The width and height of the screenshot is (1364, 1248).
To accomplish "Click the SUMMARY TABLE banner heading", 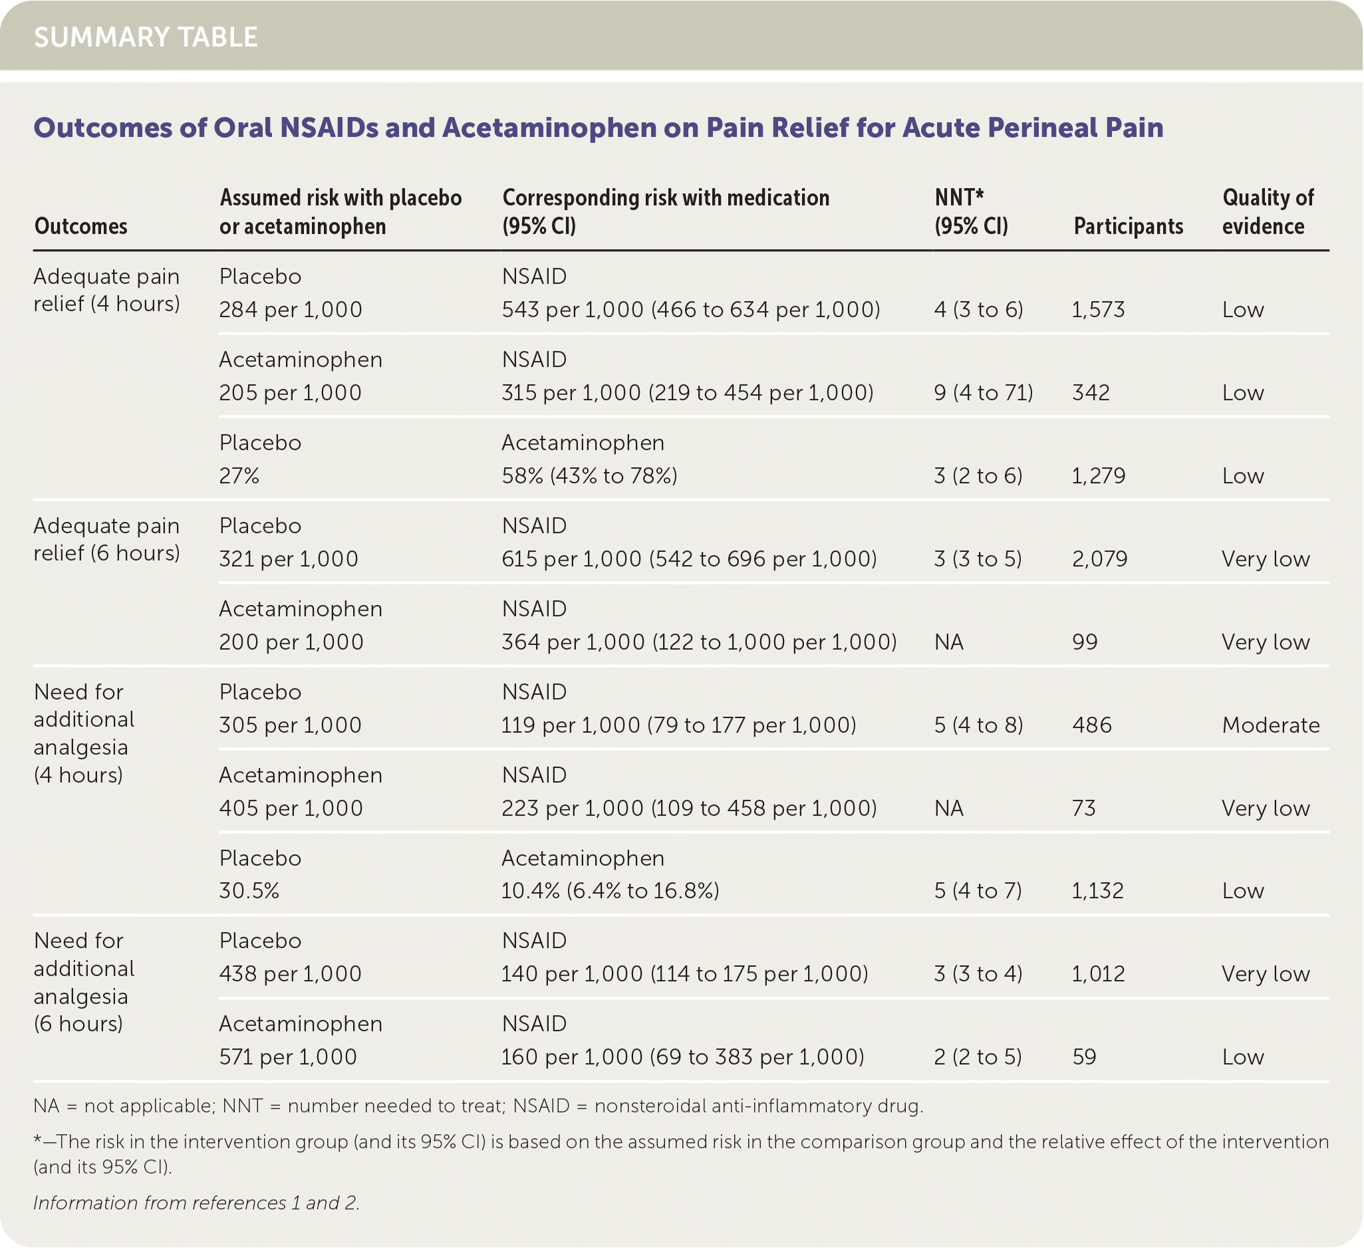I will tap(146, 37).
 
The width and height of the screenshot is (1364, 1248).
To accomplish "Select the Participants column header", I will tap(1128, 226).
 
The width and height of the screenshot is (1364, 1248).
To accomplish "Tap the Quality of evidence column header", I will tap(1268, 211).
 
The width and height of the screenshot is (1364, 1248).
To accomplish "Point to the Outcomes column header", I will tap(80, 226).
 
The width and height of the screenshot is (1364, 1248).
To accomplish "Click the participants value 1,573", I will tap(1098, 310).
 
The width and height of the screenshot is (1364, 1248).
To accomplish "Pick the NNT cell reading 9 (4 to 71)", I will tap(983, 393).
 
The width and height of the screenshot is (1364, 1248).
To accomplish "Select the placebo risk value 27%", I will tap(239, 476).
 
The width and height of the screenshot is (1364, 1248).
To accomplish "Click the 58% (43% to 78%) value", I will tap(589, 476).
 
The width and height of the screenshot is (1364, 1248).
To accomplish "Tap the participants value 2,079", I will tap(1099, 559).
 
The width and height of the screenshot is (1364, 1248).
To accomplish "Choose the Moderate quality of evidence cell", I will tap(1271, 725).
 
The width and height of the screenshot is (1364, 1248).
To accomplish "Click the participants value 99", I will tap(1085, 642).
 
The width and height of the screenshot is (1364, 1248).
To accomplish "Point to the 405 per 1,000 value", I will tap(291, 809).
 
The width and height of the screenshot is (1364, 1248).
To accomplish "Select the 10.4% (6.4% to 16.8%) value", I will tap(610, 891).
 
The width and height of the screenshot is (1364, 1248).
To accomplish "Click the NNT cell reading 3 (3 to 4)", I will tap(978, 974).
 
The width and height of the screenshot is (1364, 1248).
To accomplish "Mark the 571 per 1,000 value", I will tap(287, 1057).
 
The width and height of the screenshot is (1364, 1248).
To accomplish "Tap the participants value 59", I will tap(1084, 1057).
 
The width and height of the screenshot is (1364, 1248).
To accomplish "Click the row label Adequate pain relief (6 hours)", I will tap(107, 539).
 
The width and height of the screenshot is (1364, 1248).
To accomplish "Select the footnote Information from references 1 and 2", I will tap(196, 1203).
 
